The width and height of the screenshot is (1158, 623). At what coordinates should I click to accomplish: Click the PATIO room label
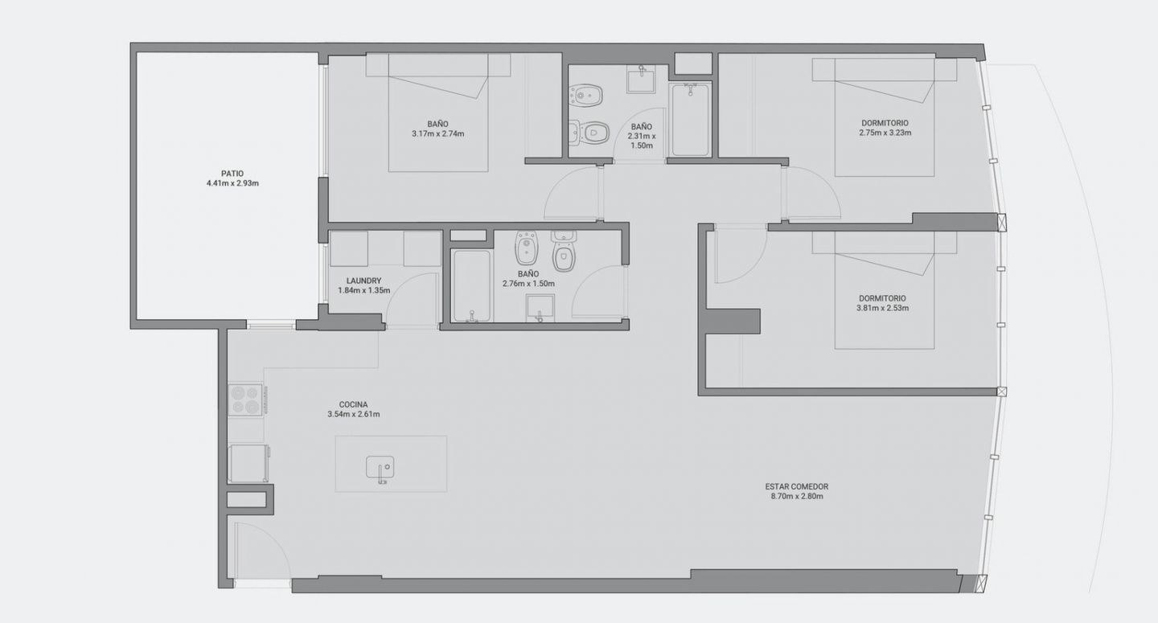pyautogui.click(x=232, y=174)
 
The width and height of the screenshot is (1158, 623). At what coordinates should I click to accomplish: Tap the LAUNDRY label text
pyautogui.click(x=364, y=281)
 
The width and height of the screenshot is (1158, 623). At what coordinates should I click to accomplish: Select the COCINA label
pyautogui.click(x=354, y=404)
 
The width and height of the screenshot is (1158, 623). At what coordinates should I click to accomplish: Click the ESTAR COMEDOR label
pyautogui.click(x=797, y=486)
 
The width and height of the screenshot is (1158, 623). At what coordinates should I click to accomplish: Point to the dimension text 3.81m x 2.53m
pyautogui.click(x=882, y=308)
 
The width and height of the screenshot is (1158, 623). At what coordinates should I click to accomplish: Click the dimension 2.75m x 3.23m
pyautogui.click(x=885, y=133)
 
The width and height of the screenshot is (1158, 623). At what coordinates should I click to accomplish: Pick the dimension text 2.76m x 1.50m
pyautogui.click(x=528, y=284)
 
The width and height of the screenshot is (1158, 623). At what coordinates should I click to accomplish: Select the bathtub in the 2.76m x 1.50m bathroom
pyautogui.click(x=470, y=286)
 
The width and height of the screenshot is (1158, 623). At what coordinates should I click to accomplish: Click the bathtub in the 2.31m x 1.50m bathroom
pyautogui.click(x=690, y=119)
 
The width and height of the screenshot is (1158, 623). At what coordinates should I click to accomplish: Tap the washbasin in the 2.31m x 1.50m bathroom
pyautogui.click(x=641, y=81)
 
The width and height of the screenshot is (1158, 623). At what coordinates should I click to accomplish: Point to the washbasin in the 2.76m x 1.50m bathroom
pyautogui.click(x=540, y=309)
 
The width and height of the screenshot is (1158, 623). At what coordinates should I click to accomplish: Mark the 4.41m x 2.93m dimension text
pyautogui.click(x=232, y=183)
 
